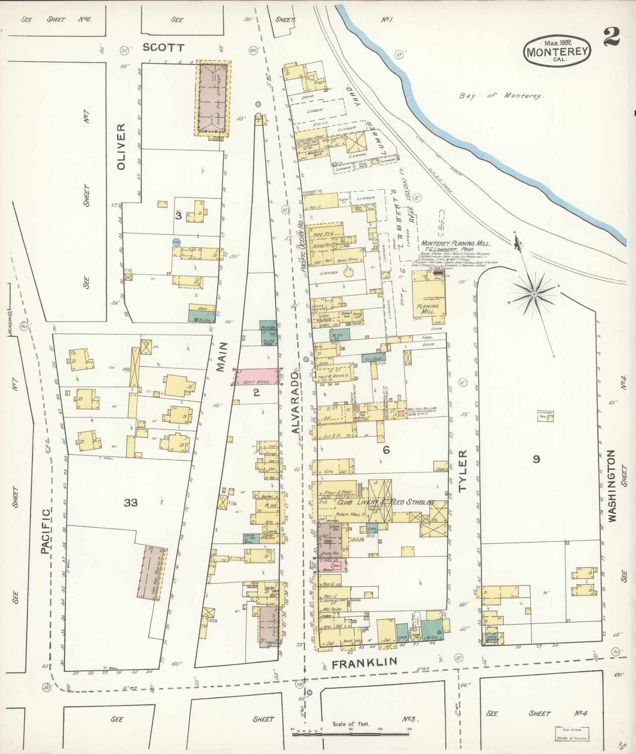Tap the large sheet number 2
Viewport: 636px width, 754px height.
[x=611, y=37]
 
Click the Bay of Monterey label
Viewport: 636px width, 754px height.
[x=502, y=95]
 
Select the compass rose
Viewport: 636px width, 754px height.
[x=533, y=293]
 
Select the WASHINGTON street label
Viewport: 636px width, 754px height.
[x=612, y=486]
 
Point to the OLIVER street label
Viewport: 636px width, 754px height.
[x=121, y=146]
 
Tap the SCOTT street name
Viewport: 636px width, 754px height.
[x=164, y=48]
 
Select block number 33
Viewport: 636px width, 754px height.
[x=131, y=502]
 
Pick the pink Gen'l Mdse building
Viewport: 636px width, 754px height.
[x=257, y=377]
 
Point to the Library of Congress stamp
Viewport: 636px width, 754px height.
[x=572, y=733]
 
